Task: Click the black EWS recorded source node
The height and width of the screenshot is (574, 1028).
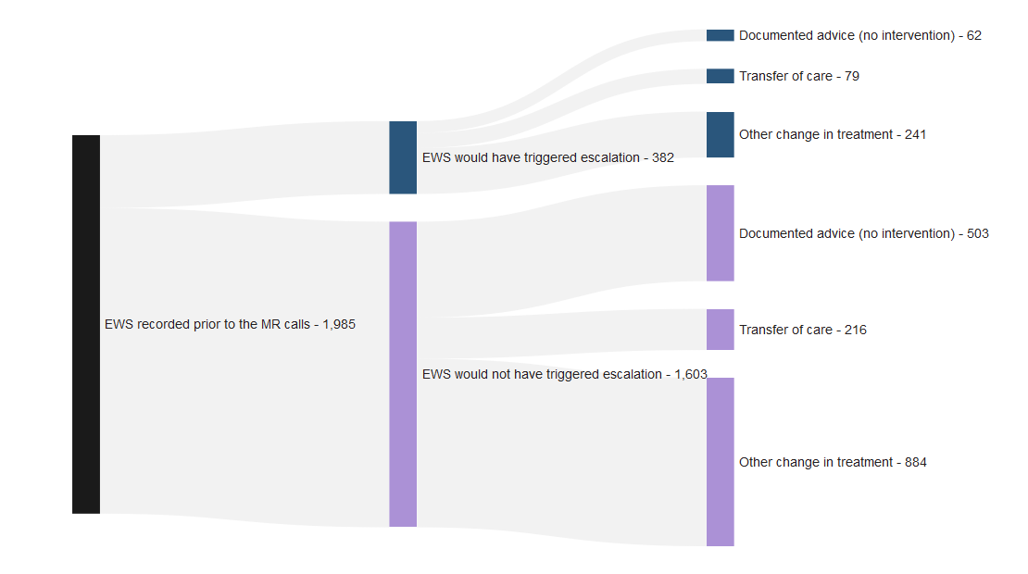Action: click(86, 324)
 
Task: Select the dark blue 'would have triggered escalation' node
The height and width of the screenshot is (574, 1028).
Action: click(403, 157)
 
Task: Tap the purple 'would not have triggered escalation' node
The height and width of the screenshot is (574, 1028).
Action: click(403, 374)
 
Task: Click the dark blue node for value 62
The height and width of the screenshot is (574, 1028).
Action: click(720, 35)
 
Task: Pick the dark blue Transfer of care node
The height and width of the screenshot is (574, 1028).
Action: click(720, 76)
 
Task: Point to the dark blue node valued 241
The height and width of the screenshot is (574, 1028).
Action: click(720, 134)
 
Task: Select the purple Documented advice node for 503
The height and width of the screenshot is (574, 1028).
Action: click(720, 233)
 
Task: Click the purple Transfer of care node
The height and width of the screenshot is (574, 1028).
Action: click(720, 330)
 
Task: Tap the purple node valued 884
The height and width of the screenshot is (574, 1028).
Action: click(720, 462)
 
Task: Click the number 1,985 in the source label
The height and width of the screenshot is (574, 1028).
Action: click(339, 325)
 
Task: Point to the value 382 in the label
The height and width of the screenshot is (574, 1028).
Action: click(662, 158)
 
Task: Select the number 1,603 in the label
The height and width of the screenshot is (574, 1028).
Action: click(690, 375)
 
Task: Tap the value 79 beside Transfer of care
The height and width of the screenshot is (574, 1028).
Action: click(851, 77)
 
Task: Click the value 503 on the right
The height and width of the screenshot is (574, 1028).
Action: click(977, 234)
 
